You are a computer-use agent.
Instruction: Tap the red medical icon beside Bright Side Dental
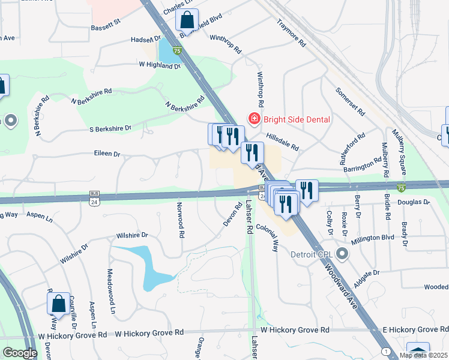[x=254, y=119]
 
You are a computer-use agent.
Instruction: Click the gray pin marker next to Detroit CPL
[x=342, y=254]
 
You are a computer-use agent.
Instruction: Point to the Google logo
[x=19, y=353]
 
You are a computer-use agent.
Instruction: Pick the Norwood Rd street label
[x=179, y=220]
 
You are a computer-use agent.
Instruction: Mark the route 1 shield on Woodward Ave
[x=384, y=350]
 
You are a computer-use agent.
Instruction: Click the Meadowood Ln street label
[x=112, y=292]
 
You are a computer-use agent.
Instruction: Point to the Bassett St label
[x=106, y=27]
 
